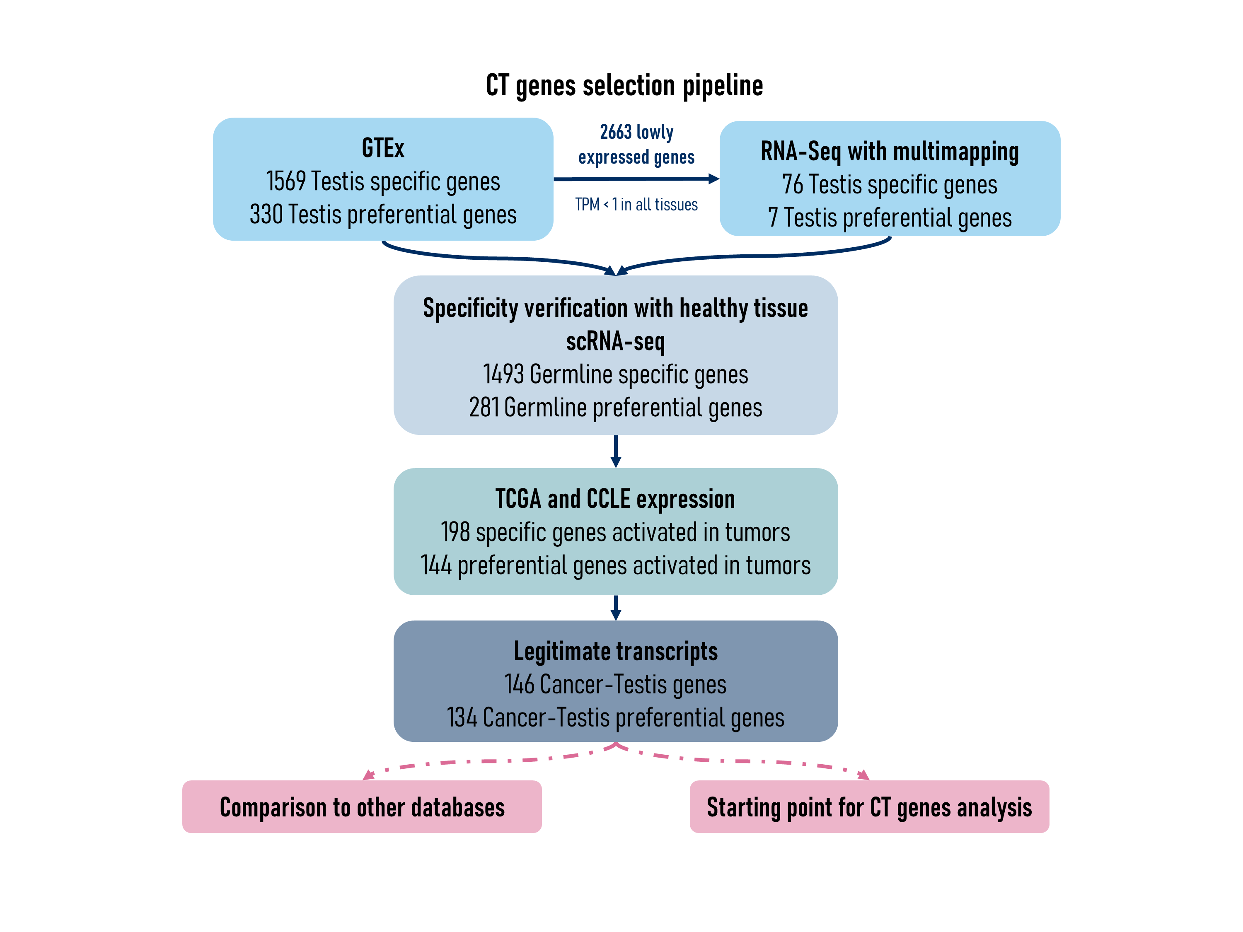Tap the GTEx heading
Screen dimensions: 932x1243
[383, 148]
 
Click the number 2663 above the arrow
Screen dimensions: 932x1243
[615, 132]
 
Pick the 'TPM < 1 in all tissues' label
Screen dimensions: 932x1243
[636, 205]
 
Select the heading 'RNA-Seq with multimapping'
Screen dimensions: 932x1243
[889, 152]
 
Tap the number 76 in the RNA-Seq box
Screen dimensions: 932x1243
[792, 185]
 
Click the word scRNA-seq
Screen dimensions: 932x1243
[615, 341]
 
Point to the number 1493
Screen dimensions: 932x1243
[503, 374]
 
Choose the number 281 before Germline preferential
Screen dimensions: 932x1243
[484, 407]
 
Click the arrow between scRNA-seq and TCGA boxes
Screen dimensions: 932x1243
[616, 451]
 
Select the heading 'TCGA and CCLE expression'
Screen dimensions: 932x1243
[615, 499]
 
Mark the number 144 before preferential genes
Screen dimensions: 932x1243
[436, 565]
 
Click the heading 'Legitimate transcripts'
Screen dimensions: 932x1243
[615, 652]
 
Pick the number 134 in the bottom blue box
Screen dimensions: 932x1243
[461, 717]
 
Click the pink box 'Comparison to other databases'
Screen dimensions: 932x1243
[362, 807]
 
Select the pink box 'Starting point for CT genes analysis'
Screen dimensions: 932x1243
[869, 807]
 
